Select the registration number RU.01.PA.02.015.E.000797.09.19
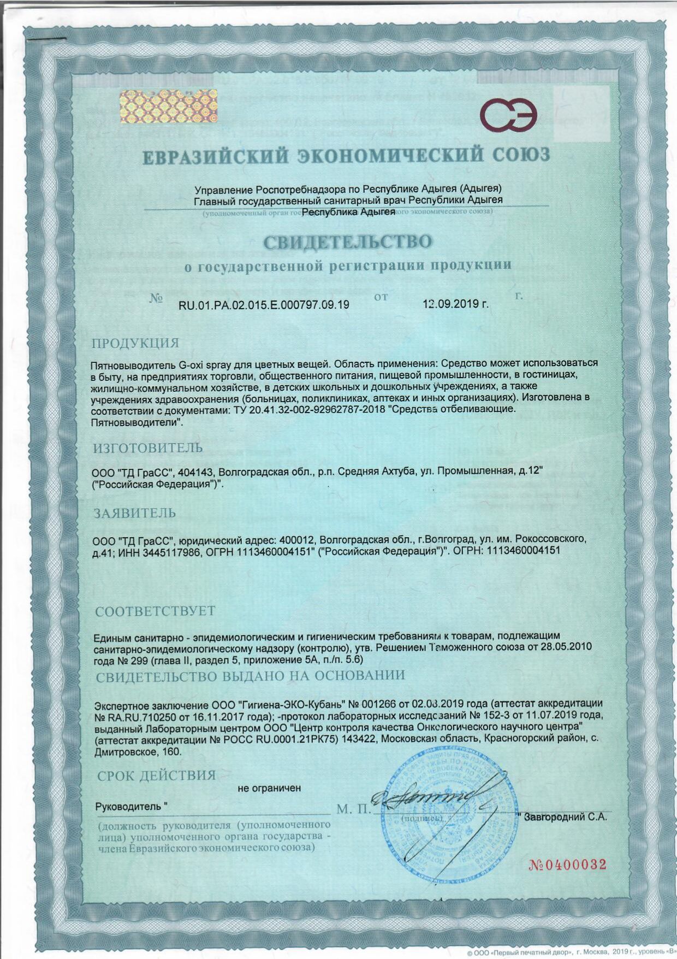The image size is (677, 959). (x=264, y=304)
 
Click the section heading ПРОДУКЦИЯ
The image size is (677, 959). (x=135, y=343)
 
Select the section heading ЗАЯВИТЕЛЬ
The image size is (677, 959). (x=135, y=513)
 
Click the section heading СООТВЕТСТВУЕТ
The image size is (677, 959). (x=155, y=611)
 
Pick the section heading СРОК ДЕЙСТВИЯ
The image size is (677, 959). (x=156, y=775)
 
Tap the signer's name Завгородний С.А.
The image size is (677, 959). (x=565, y=817)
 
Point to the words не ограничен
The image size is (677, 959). (x=269, y=788)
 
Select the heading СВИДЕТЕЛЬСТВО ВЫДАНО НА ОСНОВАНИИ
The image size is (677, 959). (x=250, y=675)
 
